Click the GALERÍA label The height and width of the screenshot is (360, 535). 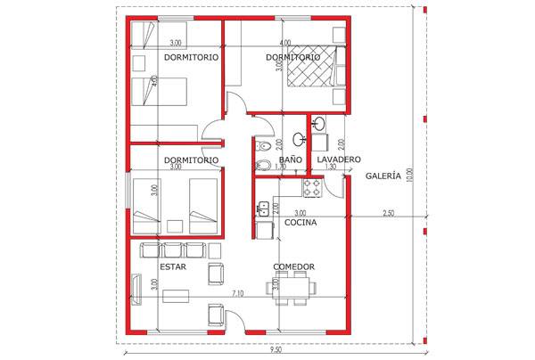(x=383, y=176)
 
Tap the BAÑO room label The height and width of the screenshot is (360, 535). (x=291, y=160)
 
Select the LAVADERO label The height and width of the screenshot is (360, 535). (x=339, y=160)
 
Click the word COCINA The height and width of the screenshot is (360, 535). (x=300, y=222)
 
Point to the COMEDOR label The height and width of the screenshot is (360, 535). (x=293, y=266)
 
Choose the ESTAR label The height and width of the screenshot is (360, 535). (x=173, y=266)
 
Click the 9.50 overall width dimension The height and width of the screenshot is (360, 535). (x=276, y=350)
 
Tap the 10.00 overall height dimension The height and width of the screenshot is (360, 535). (x=410, y=175)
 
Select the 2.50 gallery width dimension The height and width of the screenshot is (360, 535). (x=388, y=213)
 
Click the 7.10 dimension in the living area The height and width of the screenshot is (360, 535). (x=238, y=293)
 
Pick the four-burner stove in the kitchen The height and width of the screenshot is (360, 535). (x=312, y=188)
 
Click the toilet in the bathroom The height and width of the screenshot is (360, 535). (x=263, y=146)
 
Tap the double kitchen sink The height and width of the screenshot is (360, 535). (x=262, y=209)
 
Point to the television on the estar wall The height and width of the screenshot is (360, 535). (x=136, y=289)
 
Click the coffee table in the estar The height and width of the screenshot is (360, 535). (x=176, y=296)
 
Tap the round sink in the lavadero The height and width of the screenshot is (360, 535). (x=320, y=123)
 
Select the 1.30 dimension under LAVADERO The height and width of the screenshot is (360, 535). (x=331, y=167)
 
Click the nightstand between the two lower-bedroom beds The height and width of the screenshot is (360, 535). (x=175, y=226)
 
